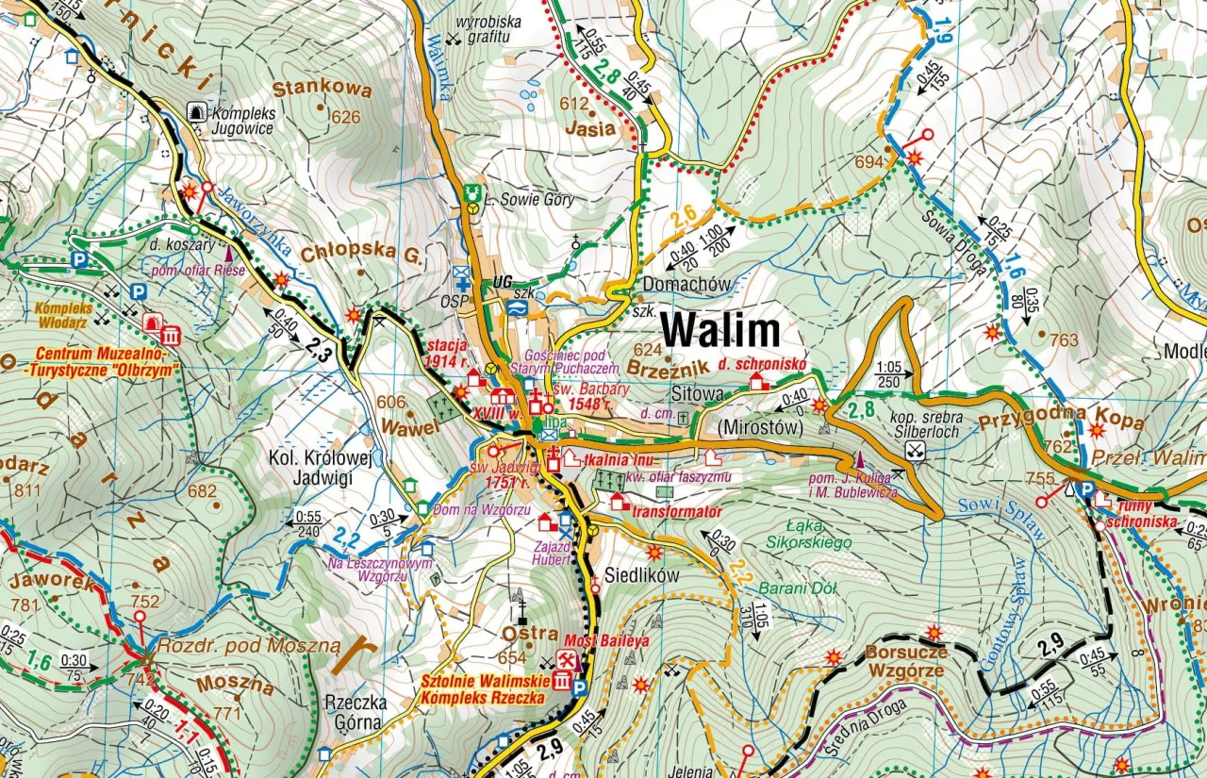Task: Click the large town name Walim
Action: pos(719,331)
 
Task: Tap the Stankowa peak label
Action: pos(308,89)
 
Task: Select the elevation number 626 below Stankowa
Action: pos(346,118)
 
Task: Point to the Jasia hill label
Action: pos(590,128)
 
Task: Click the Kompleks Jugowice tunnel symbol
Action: pos(197,111)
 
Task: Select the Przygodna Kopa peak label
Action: pos(1060,421)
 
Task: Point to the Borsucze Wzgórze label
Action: pos(905,661)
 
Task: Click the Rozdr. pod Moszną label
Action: pos(247,646)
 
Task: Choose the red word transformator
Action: pos(677,512)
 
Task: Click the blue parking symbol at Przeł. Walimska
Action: pos(1086,489)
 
